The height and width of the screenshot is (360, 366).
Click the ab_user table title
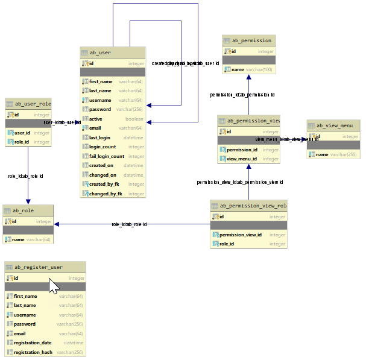pos(100,52)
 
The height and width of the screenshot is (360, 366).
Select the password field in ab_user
pos(100,110)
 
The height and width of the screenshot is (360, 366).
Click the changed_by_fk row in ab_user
pos(106,194)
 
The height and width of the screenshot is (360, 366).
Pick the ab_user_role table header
pos(33,104)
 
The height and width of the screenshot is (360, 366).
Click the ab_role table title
pos(24,210)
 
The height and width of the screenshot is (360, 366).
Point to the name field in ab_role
pos(18,239)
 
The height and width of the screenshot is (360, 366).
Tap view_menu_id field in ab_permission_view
pos(242,159)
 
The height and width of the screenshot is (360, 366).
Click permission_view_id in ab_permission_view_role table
pos(240,235)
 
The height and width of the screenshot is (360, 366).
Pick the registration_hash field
pos(33,352)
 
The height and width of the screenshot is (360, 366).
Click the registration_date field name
pos(33,343)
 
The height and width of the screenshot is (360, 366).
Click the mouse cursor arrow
pos(53,286)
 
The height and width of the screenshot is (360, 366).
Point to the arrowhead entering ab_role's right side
pos(57,224)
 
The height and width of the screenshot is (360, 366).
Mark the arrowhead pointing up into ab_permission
pos(248,78)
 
